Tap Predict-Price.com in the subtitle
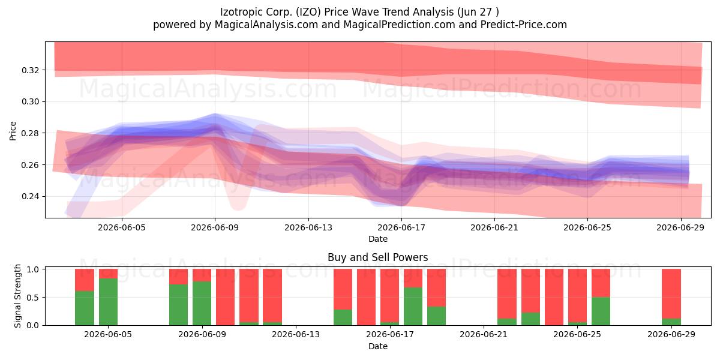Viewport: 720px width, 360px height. [x=524, y=25]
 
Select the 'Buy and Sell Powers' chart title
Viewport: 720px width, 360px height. [x=377, y=257]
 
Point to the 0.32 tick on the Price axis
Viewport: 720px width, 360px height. [x=31, y=70]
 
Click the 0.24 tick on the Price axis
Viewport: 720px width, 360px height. [x=31, y=196]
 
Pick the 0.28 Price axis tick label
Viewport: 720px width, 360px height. [x=31, y=133]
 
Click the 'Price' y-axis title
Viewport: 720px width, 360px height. [x=13, y=131]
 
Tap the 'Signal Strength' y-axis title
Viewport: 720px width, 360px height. [x=17, y=296]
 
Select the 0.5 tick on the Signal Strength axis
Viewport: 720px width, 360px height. [x=34, y=298]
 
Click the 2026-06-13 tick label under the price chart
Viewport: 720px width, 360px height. [x=308, y=227]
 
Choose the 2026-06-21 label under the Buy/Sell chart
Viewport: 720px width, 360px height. [x=484, y=335]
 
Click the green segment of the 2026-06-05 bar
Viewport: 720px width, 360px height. [x=108, y=302]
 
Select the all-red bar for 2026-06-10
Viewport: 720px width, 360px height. [x=225, y=297]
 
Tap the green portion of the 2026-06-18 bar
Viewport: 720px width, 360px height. [x=413, y=307]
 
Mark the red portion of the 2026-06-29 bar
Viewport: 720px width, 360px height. [x=671, y=294]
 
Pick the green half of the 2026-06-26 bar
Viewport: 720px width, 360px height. [x=601, y=311]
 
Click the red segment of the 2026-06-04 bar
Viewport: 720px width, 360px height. [x=85, y=280]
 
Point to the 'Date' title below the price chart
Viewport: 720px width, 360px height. [x=377, y=239]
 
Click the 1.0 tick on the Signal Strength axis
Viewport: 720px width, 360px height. [x=34, y=269]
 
